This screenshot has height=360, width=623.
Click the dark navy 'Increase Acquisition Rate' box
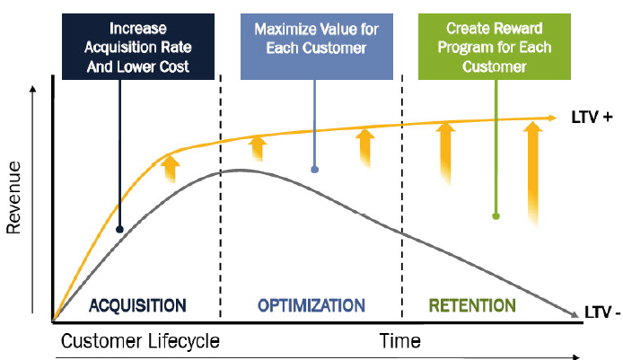point(138,47)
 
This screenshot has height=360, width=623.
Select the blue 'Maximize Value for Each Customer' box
point(317,47)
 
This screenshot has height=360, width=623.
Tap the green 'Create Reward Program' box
point(495,47)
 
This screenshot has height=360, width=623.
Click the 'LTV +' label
point(592,118)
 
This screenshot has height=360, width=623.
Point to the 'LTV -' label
point(602,312)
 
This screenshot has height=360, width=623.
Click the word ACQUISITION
point(137,305)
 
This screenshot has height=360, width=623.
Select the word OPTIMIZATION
point(311,305)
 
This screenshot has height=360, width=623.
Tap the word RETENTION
point(472,305)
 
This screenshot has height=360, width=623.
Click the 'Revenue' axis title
point(13,198)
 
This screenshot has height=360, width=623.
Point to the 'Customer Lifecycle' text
point(140,341)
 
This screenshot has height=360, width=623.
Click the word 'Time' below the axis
point(400,341)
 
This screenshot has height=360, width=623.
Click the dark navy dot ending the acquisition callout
point(119,229)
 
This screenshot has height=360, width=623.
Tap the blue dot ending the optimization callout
point(315,170)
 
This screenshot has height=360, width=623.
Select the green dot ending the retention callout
point(496,216)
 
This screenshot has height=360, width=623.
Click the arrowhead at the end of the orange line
point(552,118)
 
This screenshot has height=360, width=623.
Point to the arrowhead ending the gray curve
point(575,314)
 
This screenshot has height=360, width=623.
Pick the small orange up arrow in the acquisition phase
point(170,169)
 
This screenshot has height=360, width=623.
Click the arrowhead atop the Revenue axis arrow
point(33,89)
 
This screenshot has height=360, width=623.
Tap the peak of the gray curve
point(239,170)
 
